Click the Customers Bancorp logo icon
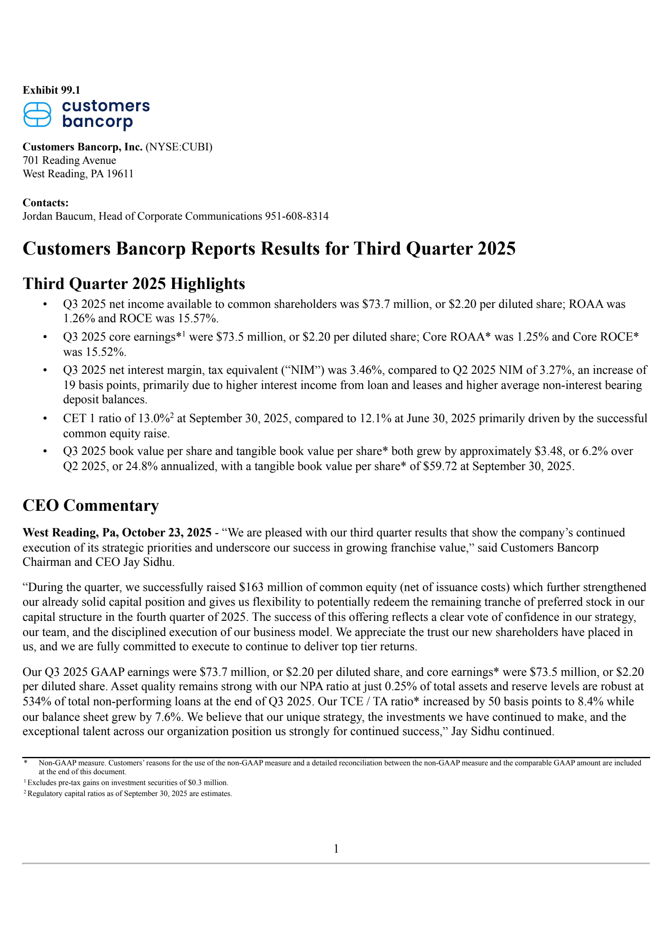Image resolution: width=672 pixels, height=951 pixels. pyautogui.click(x=37, y=114)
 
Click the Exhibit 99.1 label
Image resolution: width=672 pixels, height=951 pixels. pyautogui.click(x=51, y=90)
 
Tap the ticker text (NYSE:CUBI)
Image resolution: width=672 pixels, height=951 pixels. pyautogui.click(x=179, y=147)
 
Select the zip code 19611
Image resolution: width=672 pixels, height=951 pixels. pyautogui.click(x=120, y=173)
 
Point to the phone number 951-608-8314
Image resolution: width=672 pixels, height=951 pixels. pyautogui.click(x=297, y=216)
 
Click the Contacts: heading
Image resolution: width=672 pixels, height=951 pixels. pyautogui.click(x=45, y=202)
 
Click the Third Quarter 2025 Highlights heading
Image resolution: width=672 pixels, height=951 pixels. pyautogui.click(x=134, y=284)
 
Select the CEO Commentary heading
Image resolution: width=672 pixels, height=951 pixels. pyautogui.click(x=91, y=505)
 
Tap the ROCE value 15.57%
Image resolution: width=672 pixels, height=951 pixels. pyautogui.click(x=198, y=318)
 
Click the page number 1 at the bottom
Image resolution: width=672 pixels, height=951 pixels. pyautogui.click(x=336, y=849)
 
